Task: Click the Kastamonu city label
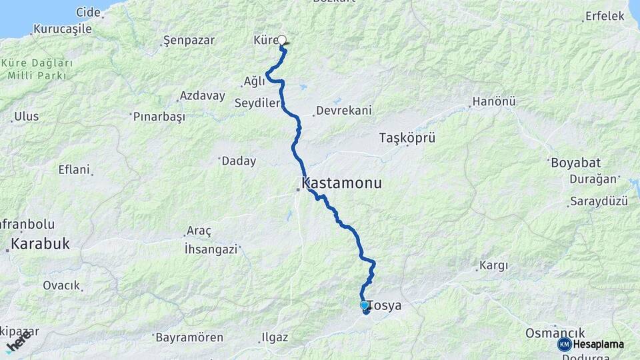342,183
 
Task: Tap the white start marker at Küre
282,40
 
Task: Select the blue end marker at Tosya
365,305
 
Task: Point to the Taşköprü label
407,138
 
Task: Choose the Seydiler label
256,103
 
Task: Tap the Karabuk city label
39,244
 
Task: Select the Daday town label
238,161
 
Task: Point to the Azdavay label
202,96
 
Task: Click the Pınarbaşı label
159,116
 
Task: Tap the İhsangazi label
211,249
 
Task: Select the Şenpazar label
189,41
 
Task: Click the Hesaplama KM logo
591,344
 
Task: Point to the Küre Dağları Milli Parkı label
37,69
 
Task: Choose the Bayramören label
189,337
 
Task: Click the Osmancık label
555,333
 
